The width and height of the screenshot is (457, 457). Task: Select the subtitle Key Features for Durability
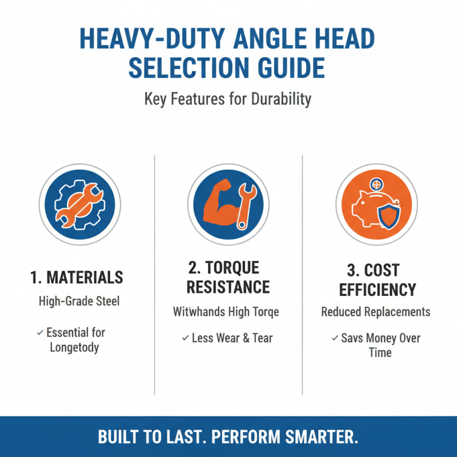(228, 99)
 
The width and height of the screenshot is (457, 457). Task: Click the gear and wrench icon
(80, 205)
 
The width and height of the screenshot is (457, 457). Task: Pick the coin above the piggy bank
(376, 185)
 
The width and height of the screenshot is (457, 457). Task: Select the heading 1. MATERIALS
(77, 278)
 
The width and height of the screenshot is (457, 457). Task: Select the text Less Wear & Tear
(232, 338)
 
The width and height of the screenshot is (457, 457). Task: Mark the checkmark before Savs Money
(334, 338)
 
